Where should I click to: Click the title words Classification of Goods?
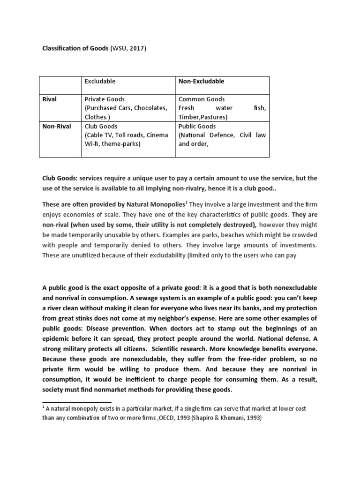click(x=75, y=49)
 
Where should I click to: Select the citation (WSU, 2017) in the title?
click(x=128, y=49)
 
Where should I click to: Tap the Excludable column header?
click(x=100, y=81)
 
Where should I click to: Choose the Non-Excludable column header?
click(x=202, y=81)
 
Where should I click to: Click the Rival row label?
click(x=50, y=99)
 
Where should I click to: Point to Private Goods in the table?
click(x=105, y=99)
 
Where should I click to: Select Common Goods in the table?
click(x=202, y=99)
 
